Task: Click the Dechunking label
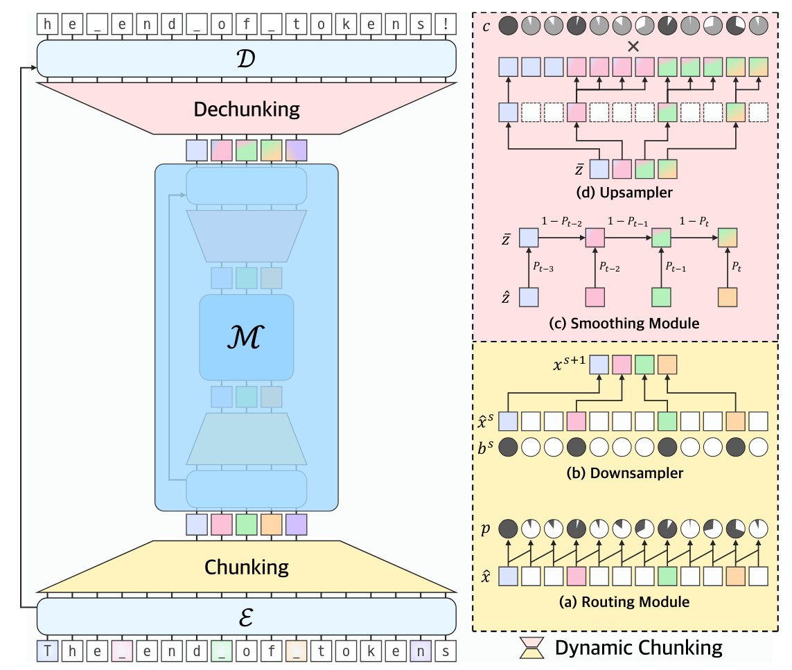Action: coord(246,109)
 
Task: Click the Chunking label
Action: coord(246,567)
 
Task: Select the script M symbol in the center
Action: coord(246,337)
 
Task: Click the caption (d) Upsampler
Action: coord(633,193)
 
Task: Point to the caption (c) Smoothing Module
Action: coord(633,323)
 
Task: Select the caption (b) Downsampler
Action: coord(633,473)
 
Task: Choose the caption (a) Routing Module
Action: coord(633,602)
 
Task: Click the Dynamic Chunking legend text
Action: coord(638,648)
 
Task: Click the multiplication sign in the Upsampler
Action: coord(632,47)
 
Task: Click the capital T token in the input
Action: coord(47,651)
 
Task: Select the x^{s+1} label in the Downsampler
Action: coord(568,365)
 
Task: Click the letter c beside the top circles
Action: coord(487,26)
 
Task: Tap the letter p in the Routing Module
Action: coord(486,529)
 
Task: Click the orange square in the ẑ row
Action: coord(727,297)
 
